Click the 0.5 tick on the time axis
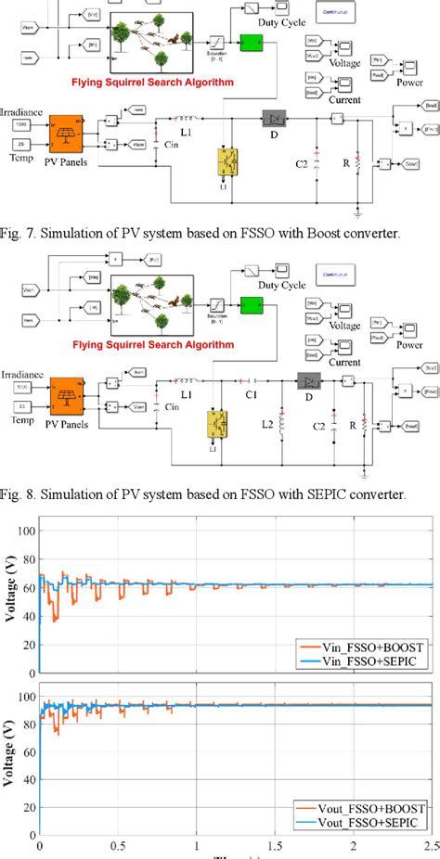(118, 847)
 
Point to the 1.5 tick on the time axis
(275, 847)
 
